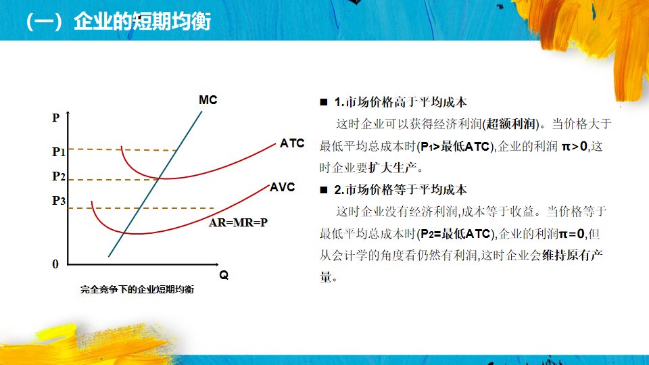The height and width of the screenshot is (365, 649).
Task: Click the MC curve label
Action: pyautogui.click(x=208, y=100)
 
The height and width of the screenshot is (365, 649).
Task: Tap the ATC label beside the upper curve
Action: pyautogui.click(x=292, y=143)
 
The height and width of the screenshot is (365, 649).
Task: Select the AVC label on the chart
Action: pyautogui.click(x=283, y=187)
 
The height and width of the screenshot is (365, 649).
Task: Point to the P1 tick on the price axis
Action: pyautogui.click(x=59, y=152)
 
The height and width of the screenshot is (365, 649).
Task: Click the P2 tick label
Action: pyautogui.click(x=59, y=176)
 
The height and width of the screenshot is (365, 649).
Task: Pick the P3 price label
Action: pyautogui.click(x=59, y=201)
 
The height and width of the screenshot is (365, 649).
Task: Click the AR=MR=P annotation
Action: pyautogui.click(x=238, y=222)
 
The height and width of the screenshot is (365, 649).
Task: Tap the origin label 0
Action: pyautogui.click(x=55, y=264)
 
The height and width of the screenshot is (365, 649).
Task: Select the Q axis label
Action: pyautogui.click(x=224, y=275)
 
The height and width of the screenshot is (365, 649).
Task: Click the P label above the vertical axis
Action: pyautogui.click(x=56, y=118)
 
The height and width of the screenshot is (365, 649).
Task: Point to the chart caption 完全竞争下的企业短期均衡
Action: pyautogui.click(x=137, y=290)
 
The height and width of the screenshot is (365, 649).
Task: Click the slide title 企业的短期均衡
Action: pyautogui.click(x=143, y=22)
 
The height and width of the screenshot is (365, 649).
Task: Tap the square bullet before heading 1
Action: pyautogui.click(x=324, y=102)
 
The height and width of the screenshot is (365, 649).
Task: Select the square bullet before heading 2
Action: pyautogui.click(x=324, y=190)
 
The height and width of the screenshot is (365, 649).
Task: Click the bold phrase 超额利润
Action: pyautogui.click(x=511, y=124)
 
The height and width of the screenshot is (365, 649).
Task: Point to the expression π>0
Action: pyautogui.click(x=575, y=146)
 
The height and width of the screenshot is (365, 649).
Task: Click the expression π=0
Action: pyautogui.click(x=572, y=234)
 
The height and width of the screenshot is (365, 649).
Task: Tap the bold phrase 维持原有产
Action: pyautogui.click(x=573, y=255)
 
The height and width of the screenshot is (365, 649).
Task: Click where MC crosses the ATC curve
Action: pyautogui.click(x=158, y=178)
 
